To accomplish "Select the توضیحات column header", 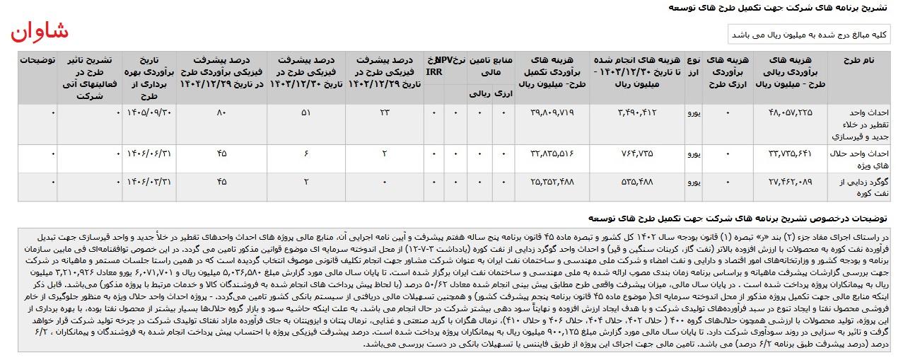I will pyautogui.click(x=37, y=60).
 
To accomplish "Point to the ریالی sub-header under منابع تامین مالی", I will pyautogui.click(x=480, y=93).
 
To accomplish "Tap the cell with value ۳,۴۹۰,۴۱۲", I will pyautogui.click(x=638, y=112).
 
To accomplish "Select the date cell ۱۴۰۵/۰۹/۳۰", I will pyautogui.click(x=148, y=112).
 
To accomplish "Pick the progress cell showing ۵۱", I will pyautogui.click(x=305, y=112).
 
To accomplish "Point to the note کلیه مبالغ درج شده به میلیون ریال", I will pyautogui.click(x=809, y=35).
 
